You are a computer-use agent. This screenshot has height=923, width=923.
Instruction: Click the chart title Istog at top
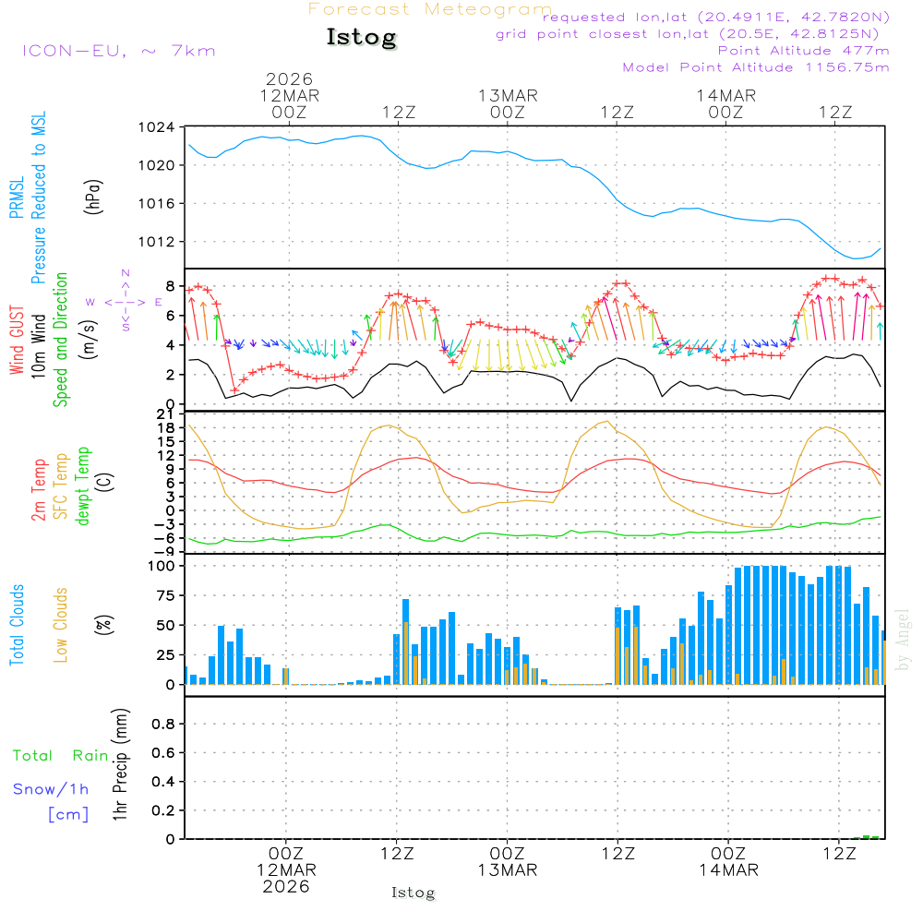361,38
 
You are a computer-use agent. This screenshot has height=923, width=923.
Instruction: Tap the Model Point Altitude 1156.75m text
756,67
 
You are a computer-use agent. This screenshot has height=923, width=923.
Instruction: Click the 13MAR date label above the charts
508,96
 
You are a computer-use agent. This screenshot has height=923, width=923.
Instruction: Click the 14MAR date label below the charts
727,870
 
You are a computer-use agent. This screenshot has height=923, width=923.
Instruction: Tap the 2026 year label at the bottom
286,886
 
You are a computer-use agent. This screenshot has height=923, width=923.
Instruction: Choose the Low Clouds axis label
61,625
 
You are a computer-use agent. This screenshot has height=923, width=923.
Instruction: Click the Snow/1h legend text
52,790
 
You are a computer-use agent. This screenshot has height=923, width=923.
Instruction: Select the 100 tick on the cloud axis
162,566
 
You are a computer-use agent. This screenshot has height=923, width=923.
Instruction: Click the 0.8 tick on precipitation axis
162,725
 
